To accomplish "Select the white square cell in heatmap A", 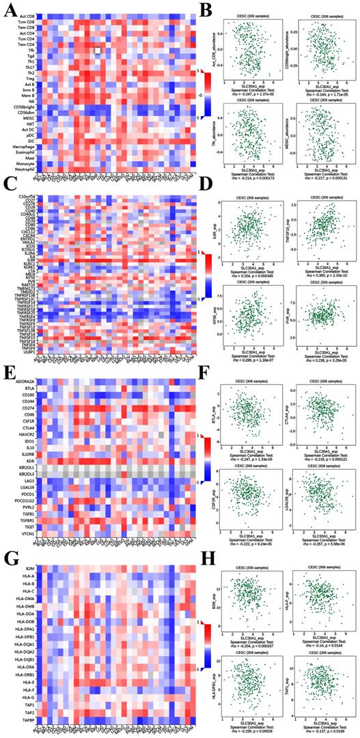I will pyautogui.click(x=98, y=51).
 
